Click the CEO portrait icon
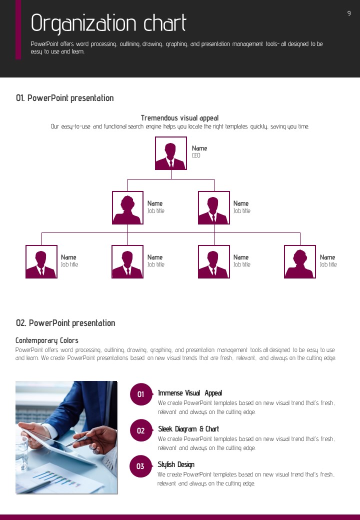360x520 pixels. pyautogui.click(x=170, y=153)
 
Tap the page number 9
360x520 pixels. pyautogui.click(x=349, y=13)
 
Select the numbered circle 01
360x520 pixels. pyautogui.click(x=141, y=394)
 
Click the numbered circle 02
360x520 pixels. pyautogui.click(x=141, y=430)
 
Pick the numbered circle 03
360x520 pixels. pyautogui.click(x=141, y=466)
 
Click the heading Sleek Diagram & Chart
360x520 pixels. pyautogui.click(x=188, y=429)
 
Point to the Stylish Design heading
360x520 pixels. pyautogui.click(x=176, y=464)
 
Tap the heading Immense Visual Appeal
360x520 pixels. pyautogui.click(x=190, y=393)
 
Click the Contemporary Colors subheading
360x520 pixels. pyautogui.click(x=46, y=340)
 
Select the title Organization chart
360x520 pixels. pyautogui.click(x=108, y=23)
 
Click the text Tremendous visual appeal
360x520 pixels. pyautogui.click(x=179, y=118)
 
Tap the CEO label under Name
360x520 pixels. pyautogui.click(x=196, y=155)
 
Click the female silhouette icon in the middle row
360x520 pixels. pyautogui.click(x=127, y=207)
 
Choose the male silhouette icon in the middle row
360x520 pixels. pyautogui.click(x=214, y=207)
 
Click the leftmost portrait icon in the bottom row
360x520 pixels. pyautogui.click(x=41, y=261)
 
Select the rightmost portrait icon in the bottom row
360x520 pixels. pyautogui.click(x=300, y=261)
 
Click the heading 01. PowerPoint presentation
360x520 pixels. pyautogui.click(x=65, y=98)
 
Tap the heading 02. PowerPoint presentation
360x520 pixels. pyautogui.click(x=65, y=323)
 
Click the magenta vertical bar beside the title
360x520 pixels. pyautogui.click(x=18, y=30)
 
